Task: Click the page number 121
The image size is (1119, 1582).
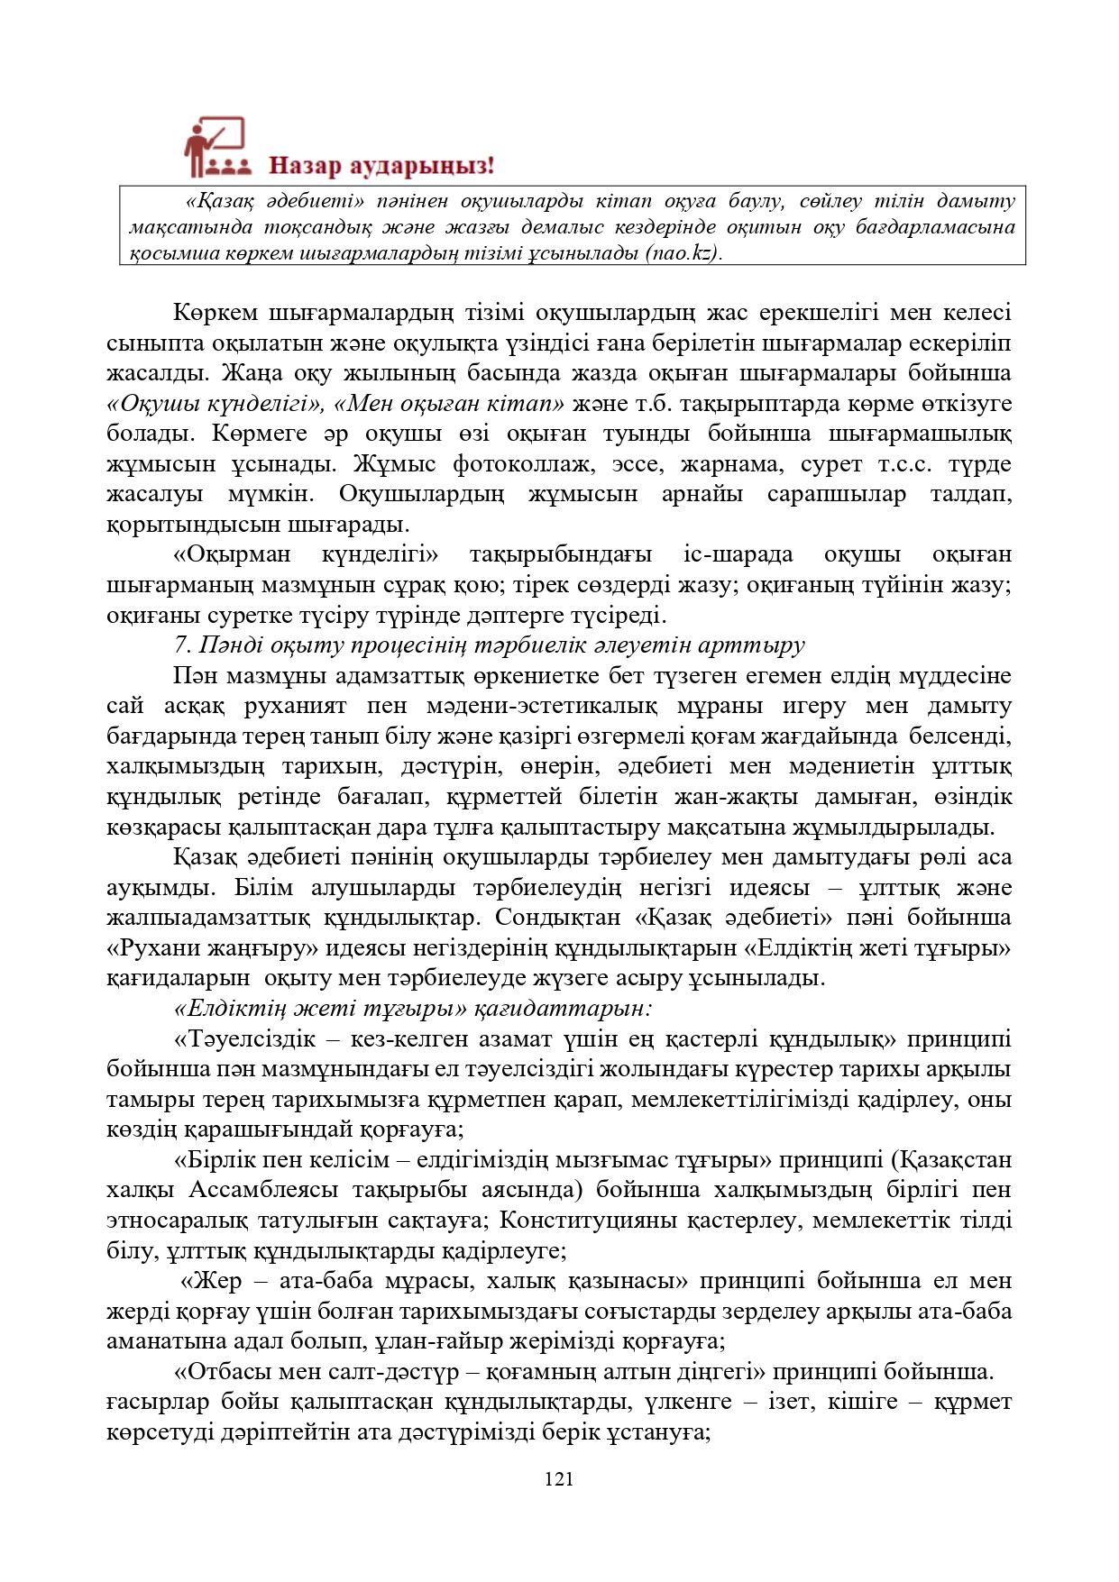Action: pyautogui.click(x=559, y=1478)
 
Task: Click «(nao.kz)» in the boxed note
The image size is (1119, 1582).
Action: pyautogui.click(x=683, y=253)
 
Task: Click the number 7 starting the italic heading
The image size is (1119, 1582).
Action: pyautogui.click(x=179, y=645)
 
